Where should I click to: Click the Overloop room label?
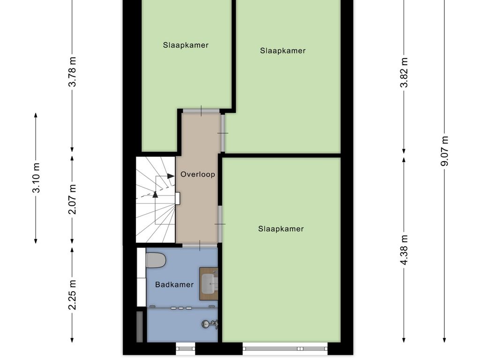197,174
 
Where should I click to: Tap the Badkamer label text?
174,285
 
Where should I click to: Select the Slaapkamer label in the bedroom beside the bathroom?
281,229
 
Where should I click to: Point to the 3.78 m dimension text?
72,72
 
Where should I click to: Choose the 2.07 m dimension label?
72,199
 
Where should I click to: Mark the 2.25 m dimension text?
72,295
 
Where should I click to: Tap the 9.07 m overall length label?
445,150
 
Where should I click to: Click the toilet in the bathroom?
156,260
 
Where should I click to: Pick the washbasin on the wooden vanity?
209,283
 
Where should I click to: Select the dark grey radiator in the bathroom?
140,326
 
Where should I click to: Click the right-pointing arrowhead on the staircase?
171,176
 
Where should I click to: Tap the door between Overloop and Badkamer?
200,245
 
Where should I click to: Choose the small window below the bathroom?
185,348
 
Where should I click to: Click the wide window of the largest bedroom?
285,348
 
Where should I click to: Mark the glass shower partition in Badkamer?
183,307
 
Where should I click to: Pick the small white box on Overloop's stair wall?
178,198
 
